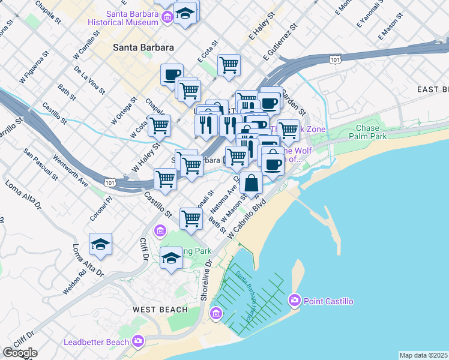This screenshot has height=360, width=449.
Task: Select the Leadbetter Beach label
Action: point(96,342)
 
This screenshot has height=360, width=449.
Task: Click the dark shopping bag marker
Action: point(252,183)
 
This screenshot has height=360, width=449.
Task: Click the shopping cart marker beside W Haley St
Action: point(159,126)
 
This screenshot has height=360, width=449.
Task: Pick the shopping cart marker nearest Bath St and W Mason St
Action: point(190,218)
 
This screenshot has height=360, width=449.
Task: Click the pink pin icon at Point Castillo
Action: point(295,299)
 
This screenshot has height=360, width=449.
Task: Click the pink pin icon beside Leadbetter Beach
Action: point(139,341)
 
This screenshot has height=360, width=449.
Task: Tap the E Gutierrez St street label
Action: point(281,43)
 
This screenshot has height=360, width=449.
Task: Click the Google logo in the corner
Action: point(20,353)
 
